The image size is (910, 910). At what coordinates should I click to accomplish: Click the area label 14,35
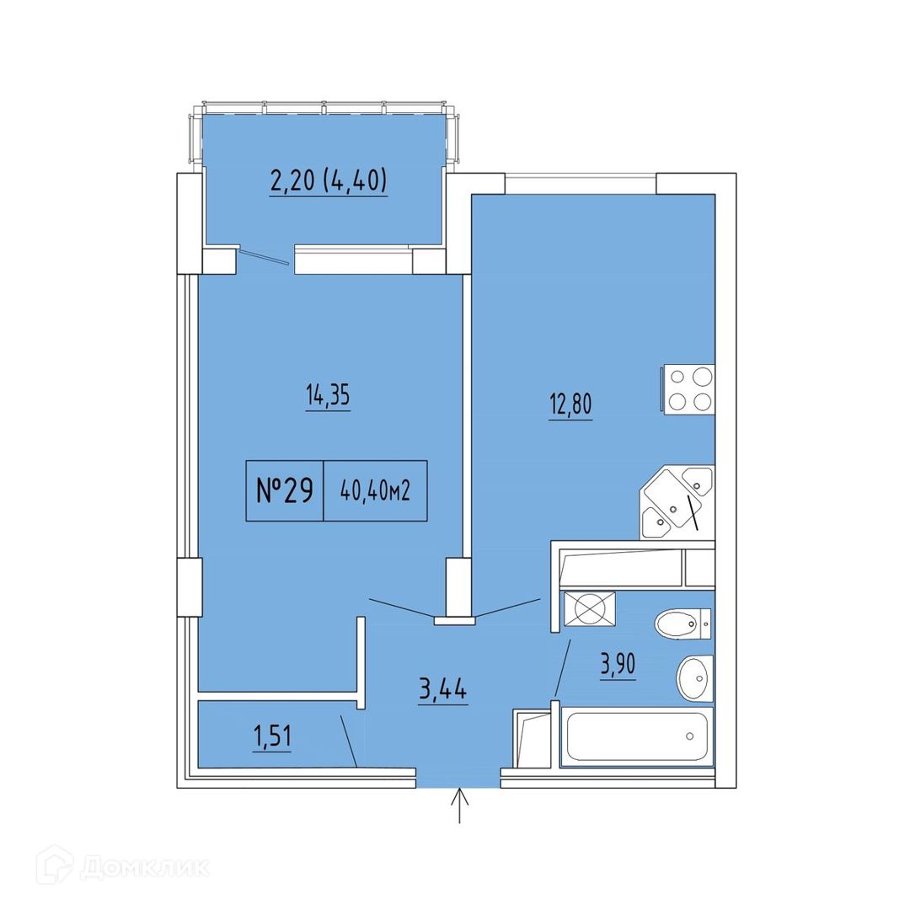point(328,395)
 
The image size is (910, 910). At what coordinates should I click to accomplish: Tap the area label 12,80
point(570,404)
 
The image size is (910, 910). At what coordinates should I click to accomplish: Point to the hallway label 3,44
point(443,691)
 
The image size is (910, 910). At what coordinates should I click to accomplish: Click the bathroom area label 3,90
point(618,665)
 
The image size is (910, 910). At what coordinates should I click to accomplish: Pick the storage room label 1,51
point(272,737)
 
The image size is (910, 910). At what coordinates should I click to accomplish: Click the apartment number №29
point(285,491)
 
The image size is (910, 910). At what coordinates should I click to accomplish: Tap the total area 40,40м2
point(376,492)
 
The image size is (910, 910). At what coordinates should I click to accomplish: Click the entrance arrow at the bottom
point(460,805)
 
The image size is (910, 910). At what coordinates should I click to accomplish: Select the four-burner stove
point(688,389)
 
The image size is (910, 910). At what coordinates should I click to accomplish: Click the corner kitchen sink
point(676,503)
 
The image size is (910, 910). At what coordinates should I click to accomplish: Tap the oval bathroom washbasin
point(694,679)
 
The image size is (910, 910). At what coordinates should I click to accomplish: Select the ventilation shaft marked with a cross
point(590,609)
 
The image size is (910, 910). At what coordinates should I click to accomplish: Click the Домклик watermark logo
point(122,867)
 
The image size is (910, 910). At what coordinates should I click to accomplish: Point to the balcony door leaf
point(265,256)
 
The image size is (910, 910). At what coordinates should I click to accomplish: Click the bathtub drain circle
point(689,736)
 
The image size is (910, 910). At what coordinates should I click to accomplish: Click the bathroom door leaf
point(562,668)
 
